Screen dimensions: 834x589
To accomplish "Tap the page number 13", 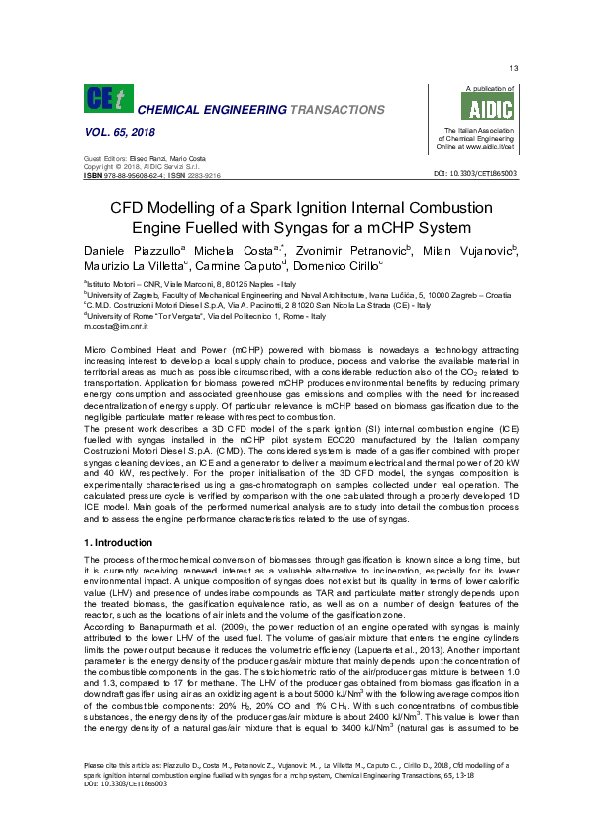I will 513,68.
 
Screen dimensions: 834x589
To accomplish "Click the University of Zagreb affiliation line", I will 297,294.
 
